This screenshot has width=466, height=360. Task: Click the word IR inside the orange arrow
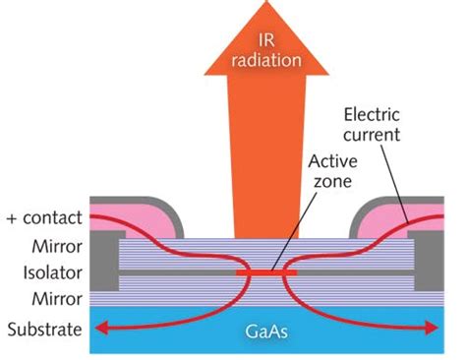[266, 40]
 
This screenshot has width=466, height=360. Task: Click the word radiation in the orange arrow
[266, 60]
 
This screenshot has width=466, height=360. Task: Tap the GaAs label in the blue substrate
[266, 331]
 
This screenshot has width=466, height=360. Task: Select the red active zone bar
[266, 272]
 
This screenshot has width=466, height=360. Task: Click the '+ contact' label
[44, 217]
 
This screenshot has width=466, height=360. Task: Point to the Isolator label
[52, 272]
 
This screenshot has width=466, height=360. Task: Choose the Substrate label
[44, 329]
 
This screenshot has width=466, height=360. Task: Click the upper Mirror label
[57, 246]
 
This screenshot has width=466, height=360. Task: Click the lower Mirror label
[57, 299]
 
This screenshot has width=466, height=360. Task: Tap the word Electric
[372, 115]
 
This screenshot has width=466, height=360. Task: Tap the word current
[372, 135]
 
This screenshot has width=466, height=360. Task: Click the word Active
[332, 161]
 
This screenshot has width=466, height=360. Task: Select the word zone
[332, 181]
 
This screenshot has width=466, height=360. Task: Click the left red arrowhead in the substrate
[101, 328]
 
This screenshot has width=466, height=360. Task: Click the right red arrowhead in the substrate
[432, 328]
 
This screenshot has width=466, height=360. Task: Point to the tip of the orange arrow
[266, 1]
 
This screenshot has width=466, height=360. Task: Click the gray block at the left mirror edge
[104, 261]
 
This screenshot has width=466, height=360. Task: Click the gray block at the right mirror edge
[429, 261]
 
